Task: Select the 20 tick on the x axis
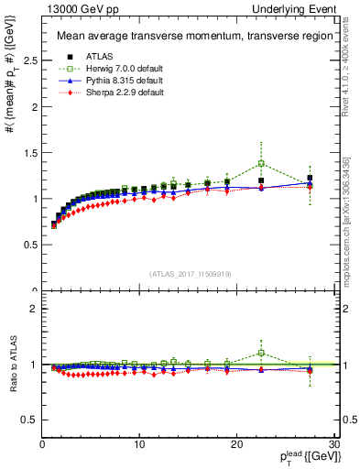tap(237, 444)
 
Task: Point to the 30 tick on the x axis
tap(334, 444)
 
